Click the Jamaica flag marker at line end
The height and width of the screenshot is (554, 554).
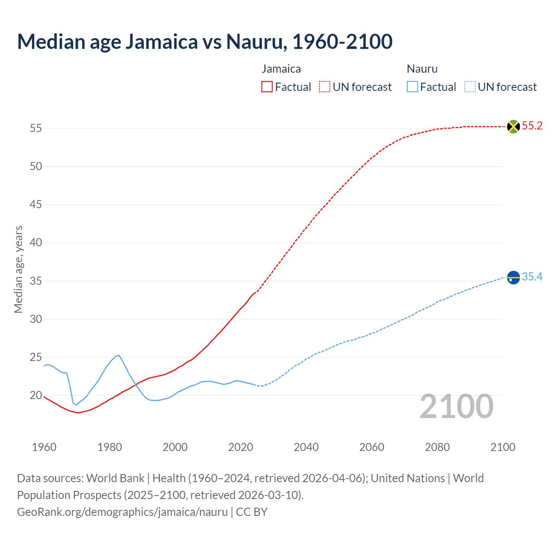pos(513,126)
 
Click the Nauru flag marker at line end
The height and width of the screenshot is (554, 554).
pos(513,277)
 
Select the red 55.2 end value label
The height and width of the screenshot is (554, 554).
pos(532,126)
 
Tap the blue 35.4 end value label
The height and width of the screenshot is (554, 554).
pos(532,277)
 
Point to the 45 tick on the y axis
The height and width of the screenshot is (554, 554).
pos(35,204)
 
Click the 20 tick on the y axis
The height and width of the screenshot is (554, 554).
pos(35,395)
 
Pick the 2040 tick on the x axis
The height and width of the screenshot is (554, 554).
pos(306,447)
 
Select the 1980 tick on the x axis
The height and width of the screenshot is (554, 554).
pos(110,447)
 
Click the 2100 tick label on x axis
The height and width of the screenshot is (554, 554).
pos(502,447)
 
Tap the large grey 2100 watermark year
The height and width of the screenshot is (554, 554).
pos(456,406)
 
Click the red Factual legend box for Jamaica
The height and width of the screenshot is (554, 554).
pos(267,87)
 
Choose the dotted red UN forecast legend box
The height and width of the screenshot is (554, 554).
pos(325,87)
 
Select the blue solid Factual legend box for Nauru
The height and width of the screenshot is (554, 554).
pos(412,87)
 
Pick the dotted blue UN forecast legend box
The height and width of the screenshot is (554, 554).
pos(470,87)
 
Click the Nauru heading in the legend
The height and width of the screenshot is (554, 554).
pos(422,69)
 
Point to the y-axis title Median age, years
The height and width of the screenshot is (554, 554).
pos(18,269)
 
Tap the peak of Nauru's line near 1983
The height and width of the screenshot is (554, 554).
pos(119,355)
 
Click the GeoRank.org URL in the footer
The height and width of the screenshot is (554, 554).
pos(122,512)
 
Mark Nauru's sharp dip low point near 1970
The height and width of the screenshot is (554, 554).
pos(77,405)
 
